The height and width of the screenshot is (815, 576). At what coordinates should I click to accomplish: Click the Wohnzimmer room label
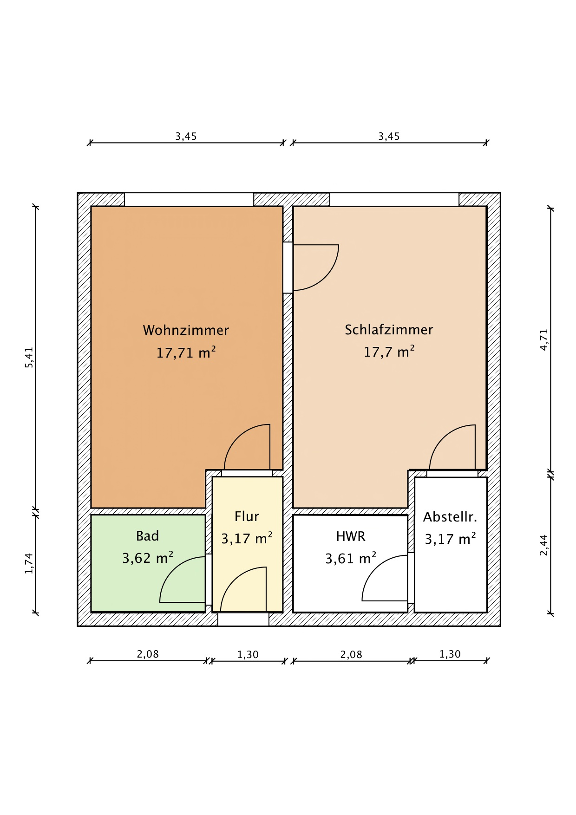coord(186,330)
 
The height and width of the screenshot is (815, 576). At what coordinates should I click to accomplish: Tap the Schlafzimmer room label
coord(389,330)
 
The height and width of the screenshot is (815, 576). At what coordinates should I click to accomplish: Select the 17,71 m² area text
coord(186,352)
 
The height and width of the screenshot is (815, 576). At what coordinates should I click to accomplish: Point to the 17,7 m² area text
coord(389,352)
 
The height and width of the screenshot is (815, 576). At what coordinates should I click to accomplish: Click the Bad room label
coord(148,536)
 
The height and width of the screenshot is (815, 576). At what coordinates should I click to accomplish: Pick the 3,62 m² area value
coord(148,558)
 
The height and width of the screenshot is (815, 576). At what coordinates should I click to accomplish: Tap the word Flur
coord(247,516)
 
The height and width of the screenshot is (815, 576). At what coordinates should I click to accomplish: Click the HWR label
coord(351,536)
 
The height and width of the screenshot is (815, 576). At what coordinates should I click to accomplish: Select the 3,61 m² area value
coord(351,558)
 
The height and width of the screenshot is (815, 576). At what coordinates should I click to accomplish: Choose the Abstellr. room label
coord(450,517)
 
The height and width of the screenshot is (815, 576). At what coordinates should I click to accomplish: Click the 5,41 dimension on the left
coord(29,358)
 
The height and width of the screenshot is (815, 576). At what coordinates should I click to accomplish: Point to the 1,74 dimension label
coord(29,563)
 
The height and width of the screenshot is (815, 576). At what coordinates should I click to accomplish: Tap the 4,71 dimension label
coord(544,339)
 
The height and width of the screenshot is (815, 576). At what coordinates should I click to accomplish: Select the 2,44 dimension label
coord(544,545)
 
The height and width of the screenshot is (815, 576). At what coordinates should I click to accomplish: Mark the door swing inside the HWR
coord(375,568)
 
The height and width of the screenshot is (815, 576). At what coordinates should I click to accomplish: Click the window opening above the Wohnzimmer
coord(189,200)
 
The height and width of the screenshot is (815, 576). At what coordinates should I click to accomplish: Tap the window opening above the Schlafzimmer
coord(394,200)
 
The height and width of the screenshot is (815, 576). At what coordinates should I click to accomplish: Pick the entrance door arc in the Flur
coord(233,580)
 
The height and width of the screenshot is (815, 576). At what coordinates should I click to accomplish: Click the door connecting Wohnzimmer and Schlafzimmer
coord(325,277)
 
